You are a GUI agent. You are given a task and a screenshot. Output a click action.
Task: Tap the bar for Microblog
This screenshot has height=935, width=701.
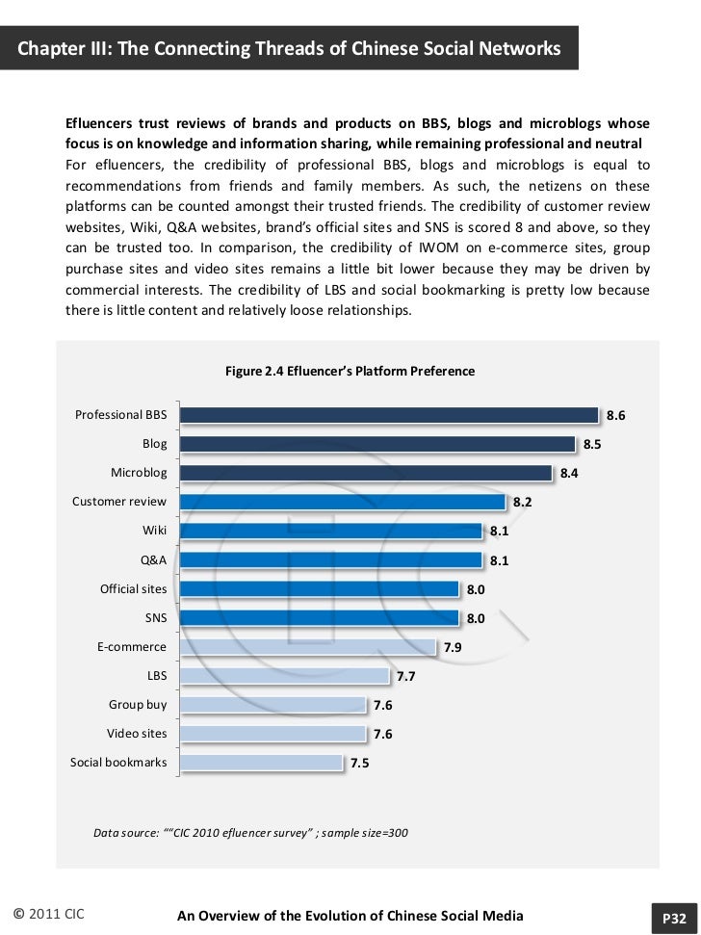click(x=367, y=473)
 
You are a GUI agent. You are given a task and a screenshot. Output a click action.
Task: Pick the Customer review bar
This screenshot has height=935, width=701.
click(x=343, y=502)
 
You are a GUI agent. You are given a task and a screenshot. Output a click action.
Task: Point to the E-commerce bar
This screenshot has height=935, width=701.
click(x=308, y=647)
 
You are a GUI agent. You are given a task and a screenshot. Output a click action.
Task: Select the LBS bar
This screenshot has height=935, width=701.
click(x=285, y=676)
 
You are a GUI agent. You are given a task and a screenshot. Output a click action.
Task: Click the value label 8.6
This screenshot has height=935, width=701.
click(x=615, y=416)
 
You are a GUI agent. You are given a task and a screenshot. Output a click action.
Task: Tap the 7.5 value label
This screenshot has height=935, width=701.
click(x=360, y=764)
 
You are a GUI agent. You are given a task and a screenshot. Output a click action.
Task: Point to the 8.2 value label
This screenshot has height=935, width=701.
click(x=523, y=503)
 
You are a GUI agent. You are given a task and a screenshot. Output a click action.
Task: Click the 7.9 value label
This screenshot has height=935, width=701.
click(x=453, y=648)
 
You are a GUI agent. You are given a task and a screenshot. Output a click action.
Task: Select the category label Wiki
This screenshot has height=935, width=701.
click(x=154, y=531)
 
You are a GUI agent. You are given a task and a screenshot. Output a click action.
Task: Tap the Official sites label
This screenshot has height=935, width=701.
click(x=133, y=588)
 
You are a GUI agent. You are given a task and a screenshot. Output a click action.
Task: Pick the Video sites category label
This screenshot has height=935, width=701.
click(x=137, y=734)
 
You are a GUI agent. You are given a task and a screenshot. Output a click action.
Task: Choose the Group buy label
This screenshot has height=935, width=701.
click(x=138, y=705)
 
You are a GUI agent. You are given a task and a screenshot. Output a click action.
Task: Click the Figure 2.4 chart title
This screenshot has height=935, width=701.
click(x=350, y=371)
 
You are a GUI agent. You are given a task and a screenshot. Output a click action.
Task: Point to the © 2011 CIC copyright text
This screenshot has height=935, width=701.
click(x=49, y=915)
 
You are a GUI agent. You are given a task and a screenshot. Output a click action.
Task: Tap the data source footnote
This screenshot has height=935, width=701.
click(x=250, y=832)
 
